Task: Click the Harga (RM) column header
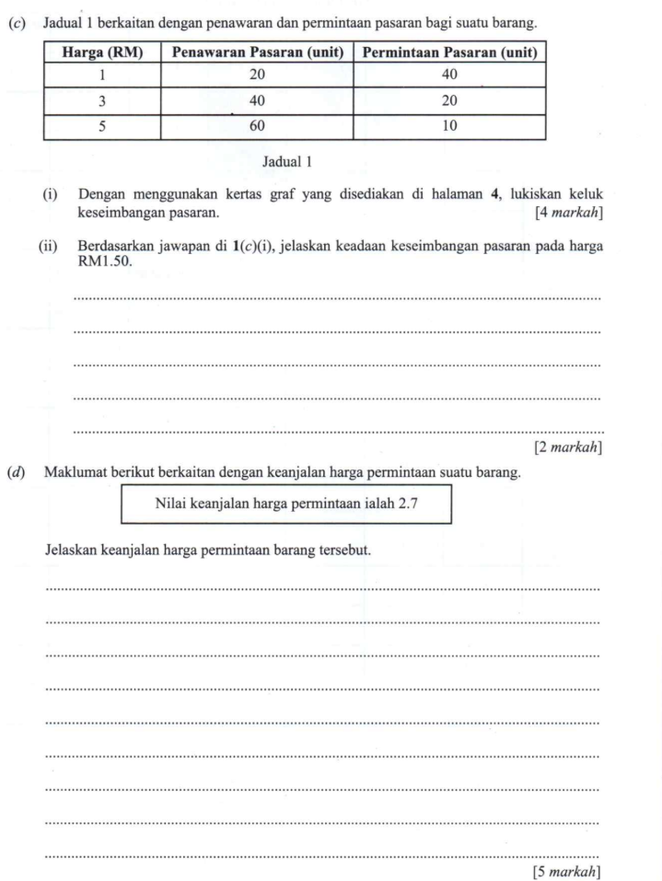coord(100,53)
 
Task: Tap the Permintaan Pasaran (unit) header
coord(449,53)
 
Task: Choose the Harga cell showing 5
coord(100,127)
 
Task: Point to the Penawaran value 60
coord(258,127)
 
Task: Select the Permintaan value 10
coord(449,127)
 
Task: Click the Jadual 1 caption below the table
coord(288,162)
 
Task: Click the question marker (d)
coord(17,474)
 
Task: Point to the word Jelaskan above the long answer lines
coord(74,551)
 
